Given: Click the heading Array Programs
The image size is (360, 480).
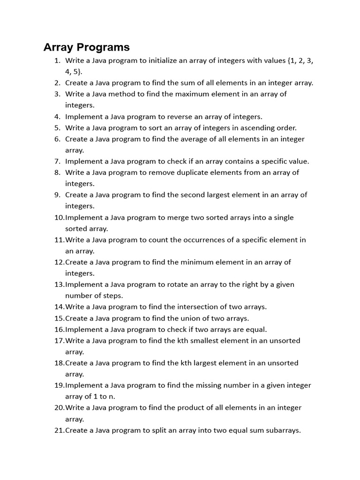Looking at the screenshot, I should (86, 47).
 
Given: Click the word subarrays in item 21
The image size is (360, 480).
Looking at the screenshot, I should (283, 430).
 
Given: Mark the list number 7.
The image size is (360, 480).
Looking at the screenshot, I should (57, 161).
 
